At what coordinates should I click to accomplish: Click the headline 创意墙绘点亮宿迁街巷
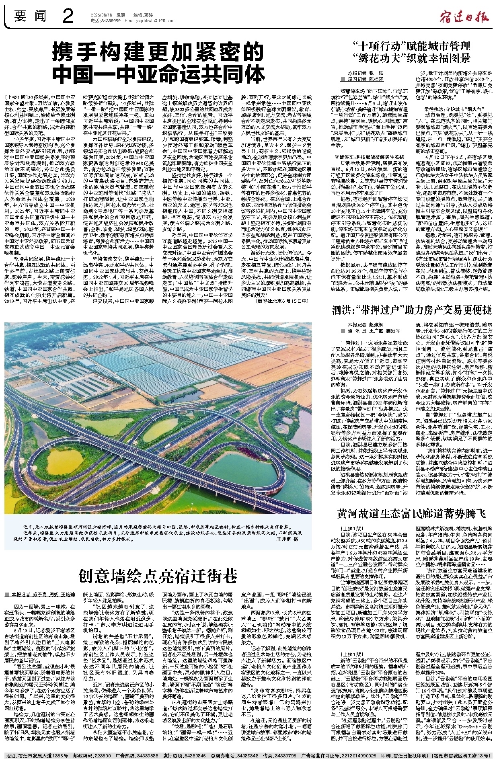click(158, 575)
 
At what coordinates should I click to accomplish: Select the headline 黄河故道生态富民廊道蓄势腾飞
click(411, 513)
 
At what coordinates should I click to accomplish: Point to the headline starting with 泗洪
click(411, 310)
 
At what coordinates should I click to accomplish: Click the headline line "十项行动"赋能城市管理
click(411, 45)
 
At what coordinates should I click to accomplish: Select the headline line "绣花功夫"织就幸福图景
click(411, 57)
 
